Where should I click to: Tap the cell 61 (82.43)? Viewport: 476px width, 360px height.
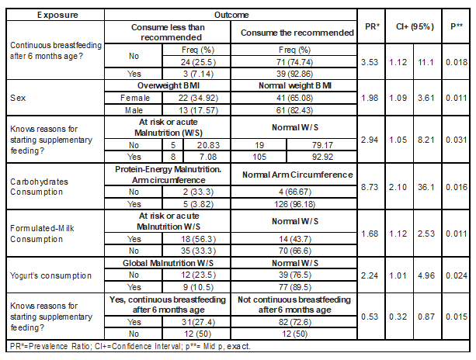point(296,111)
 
